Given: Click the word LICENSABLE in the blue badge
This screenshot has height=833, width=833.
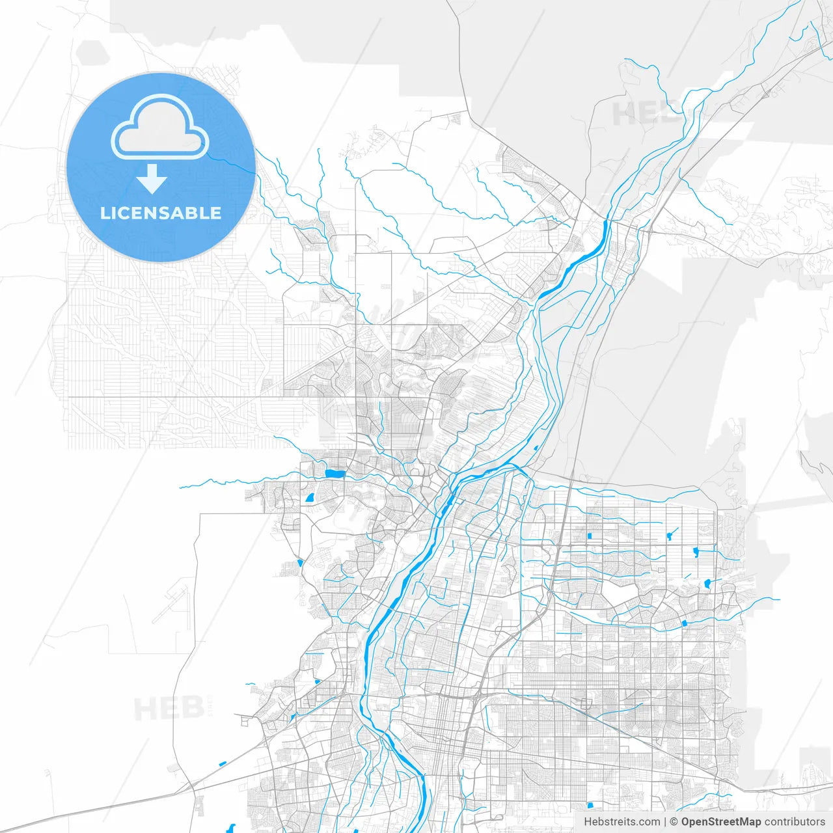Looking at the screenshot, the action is pyautogui.click(x=161, y=213).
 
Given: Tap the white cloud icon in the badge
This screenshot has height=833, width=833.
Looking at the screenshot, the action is pyautogui.click(x=160, y=128).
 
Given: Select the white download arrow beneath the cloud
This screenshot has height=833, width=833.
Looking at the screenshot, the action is pyautogui.click(x=152, y=179).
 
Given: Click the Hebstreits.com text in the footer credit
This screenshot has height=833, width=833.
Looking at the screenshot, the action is pyautogui.click(x=621, y=822).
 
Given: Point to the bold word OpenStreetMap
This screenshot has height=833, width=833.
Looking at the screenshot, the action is pyautogui.click(x=720, y=822).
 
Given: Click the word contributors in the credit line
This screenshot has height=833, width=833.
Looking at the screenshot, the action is pyautogui.click(x=794, y=822).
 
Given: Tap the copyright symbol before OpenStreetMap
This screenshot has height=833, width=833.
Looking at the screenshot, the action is pyautogui.click(x=674, y=822).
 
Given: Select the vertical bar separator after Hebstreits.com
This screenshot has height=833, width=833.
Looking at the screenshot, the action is pyautogui.click(x=665, y=822).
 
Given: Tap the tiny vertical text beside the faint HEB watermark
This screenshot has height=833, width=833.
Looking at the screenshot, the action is pyautogui.click(x=210, y=708).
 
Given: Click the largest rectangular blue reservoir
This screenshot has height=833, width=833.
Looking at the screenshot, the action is pyautogui.click(x=335, y=474).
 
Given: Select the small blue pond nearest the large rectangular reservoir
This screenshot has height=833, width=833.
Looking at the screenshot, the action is pyautogui.click(x=309, y=498).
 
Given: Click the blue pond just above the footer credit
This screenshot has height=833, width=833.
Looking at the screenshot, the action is pyautogui.click(x=590, y=805).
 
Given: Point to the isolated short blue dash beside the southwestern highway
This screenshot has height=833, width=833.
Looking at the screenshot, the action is pyautogui.click(x=223, y=763).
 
